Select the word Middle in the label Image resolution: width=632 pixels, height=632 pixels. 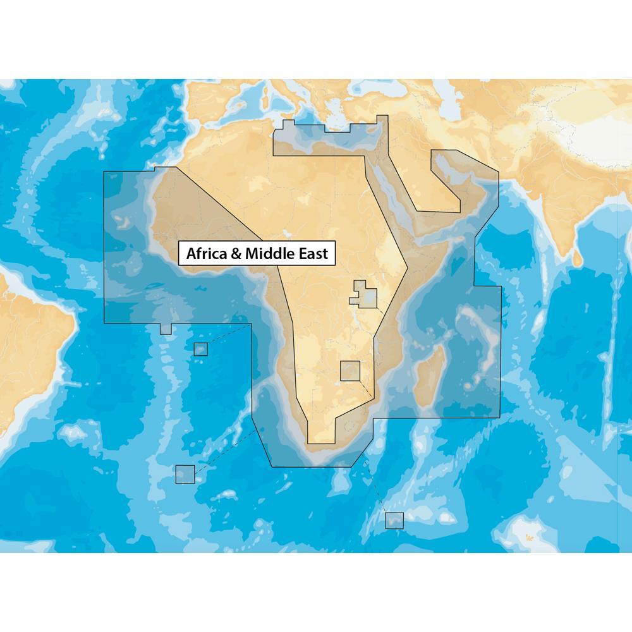point(268,254)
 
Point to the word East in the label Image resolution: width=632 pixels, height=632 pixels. point(313,254)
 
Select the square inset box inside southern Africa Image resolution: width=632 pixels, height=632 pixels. point(349,370)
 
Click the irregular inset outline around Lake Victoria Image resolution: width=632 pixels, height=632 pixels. point(365,295)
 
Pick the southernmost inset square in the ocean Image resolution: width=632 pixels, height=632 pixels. point(394,520)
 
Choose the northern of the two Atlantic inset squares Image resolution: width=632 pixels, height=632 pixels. point(200,349)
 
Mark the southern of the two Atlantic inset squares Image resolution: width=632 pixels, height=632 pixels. point(185,474)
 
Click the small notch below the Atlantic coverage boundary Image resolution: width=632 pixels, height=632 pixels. point(166,329)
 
